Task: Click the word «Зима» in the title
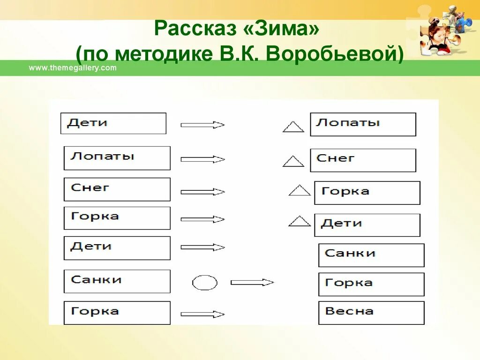pyautogui.click(x=281, y=30)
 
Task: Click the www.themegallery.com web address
pyautogui.click(x=73, y=68)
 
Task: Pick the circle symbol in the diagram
pyautogui.click(x=205, y=283)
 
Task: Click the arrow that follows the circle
pyautogui.click(x=252, y=282)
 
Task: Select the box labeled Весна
pyautogui.click(x=371, y=313)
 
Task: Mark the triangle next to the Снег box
pyautogui.click(x=293, y=162)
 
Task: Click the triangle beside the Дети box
pyautogui.click(x=300, y=221)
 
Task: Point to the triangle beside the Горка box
pyautogui.click(x=300, y=190)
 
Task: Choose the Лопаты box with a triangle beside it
pyautogui.click(x=363, y=124)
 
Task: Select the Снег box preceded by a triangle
pyautogui.click(x=363, y=160)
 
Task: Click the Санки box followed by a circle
pyautogui.click(x=117, y=281)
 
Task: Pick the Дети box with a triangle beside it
pyautogui.click(x=367, y=225)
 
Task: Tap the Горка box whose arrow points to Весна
pyautogui.click(x=117, y=313)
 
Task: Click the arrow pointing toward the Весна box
pyautogui.click(x=203, y=314)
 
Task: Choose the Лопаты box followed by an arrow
pyautogui.click(x=117, y=158)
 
